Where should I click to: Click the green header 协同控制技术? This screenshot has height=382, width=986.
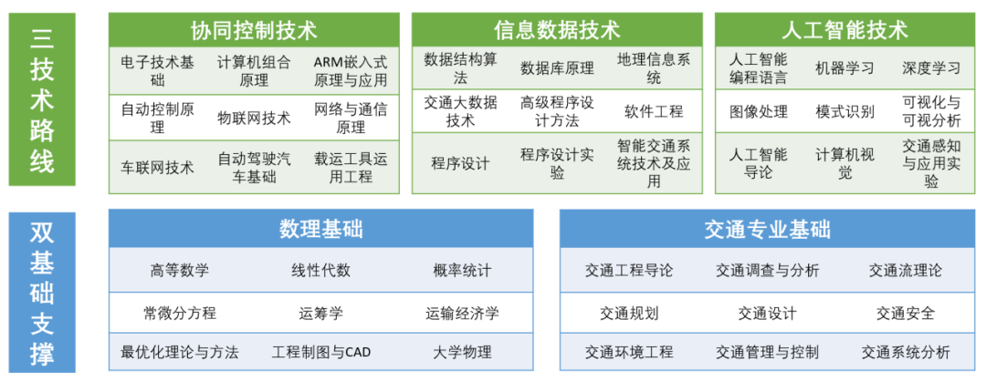tap(254, 29)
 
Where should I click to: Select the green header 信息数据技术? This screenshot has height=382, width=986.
tap(557, 29)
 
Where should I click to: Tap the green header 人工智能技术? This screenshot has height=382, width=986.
tap(844, 29)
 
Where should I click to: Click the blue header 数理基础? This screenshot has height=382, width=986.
tap(320, 230)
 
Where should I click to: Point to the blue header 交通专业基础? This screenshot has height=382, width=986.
tap(768, 230)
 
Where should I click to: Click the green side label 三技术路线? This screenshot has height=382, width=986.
tap(42, 99)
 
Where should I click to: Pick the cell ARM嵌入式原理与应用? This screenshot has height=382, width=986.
tap(351, 71)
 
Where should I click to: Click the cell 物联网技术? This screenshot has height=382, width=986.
tap(254, 118)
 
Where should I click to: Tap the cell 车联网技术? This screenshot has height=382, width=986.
tap(157, 167)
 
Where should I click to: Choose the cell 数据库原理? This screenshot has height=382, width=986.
tap(557, 68)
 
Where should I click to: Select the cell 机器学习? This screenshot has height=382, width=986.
tap(844, 67)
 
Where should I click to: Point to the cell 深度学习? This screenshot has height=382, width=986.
tap(931, 67)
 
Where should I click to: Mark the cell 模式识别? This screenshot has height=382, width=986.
tap(844, 112)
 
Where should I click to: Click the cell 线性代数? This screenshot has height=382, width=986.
tap(320, 271)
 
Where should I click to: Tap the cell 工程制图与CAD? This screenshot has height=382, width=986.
tap(321, 352)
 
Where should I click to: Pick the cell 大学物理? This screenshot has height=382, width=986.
tap(462, 352)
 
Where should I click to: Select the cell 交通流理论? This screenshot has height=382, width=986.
tap(906, 271)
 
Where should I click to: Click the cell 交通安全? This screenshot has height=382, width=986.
tap(906, 313)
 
